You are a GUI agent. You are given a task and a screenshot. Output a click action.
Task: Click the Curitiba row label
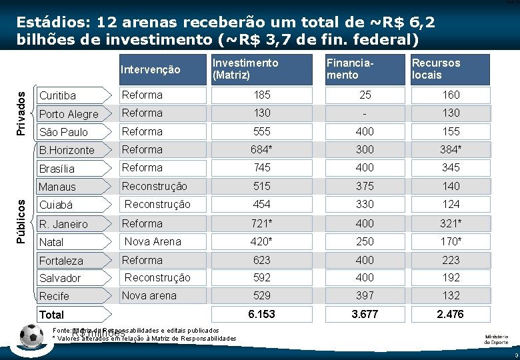(58, 96)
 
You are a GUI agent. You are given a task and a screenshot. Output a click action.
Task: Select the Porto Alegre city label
(68, 114)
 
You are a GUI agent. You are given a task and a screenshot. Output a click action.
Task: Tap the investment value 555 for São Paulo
(261, 132)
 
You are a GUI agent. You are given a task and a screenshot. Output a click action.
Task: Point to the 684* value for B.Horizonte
(261, 150)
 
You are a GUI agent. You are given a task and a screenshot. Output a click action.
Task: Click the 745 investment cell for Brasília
(261, 168)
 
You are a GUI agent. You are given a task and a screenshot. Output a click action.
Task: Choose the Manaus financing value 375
(365, 186)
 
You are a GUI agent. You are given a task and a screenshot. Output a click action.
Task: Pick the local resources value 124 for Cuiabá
(451, 204)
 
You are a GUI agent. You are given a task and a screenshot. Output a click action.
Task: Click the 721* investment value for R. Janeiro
(261, 223)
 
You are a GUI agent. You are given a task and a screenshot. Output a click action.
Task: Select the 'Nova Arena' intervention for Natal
(153, 241)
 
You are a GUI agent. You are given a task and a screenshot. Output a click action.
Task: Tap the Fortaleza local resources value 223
(451, 260)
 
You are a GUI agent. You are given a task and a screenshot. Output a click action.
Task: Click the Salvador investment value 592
(261, 277)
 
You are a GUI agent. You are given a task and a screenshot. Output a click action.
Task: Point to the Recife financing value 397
(365, 295)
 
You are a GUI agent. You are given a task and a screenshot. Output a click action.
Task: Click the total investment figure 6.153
(261, 314)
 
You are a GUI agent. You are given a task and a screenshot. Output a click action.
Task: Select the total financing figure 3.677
(365, 314)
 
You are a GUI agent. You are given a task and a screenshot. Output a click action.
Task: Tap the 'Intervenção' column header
(150, 69)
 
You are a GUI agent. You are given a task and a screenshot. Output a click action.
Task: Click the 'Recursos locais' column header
(436, 69)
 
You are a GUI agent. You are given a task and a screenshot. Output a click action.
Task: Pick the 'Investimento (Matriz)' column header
(245, 69)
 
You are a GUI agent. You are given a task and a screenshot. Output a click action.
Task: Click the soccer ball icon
(31, 337)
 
